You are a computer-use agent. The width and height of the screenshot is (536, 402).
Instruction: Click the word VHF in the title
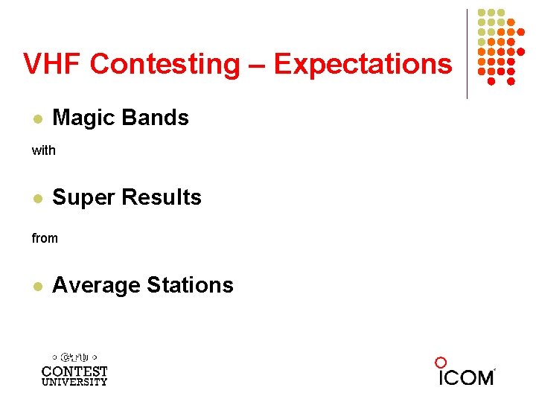pyautogui.click(x=53, y=64)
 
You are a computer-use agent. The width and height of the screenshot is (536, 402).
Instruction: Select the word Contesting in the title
pyautogui.click(x=165, y=65)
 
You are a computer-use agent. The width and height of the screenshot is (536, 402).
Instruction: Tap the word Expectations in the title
pyautogui.click(x=363, y=65)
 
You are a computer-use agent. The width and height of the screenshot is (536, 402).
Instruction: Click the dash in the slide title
pyautogui.click(x=258, y=66)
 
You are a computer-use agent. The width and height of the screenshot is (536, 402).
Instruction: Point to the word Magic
pyautogui.click(x=84, y=118)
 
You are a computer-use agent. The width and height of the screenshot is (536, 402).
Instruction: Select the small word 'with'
pyautogui.click(x=43, y=150)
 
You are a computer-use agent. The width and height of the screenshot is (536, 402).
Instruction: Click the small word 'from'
pyautogui.click(x=44, y=238)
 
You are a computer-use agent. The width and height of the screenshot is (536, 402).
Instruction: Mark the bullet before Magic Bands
pyautogui.click(x=36, y=119)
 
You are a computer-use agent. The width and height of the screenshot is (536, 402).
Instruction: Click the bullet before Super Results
pyautogui.click(x=36, y=199)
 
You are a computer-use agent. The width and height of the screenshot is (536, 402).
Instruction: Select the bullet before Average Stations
pyautogui.click(x=36, y=287)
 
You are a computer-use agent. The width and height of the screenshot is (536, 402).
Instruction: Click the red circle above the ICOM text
pyautogui.click(x=441, y=363)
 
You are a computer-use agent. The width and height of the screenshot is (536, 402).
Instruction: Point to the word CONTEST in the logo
pyautogui.click(x=74, y=371)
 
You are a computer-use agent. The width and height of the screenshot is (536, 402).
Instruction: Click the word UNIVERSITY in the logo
pyautogui.click(x=74, y=382)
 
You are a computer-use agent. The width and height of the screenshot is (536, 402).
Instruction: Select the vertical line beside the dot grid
pyautogui.click(x=467, y=54)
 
